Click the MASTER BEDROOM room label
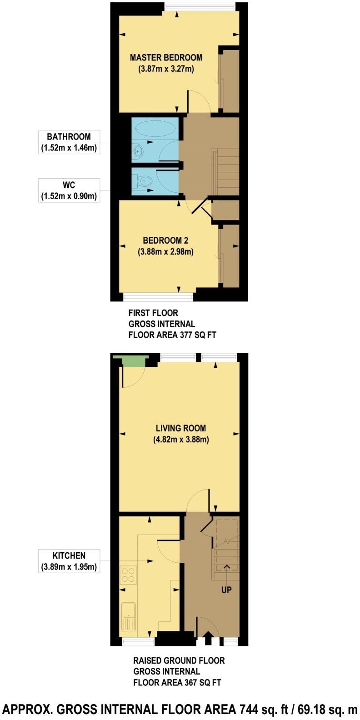(x=166, y=58)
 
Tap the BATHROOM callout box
(x=69, y=142)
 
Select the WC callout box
(x=69, y=190)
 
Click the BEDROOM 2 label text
(x=165, y=240)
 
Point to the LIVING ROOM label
(x=180, y=428)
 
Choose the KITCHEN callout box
(x=69, y=561)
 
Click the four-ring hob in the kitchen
(x=128, y=575)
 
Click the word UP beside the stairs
(x=226, y=590)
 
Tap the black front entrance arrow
(x=208, y=639)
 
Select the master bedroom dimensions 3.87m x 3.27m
(x=166, y=69)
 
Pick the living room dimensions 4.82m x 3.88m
(x=181, y=440)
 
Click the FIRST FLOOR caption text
(x=153, y=313)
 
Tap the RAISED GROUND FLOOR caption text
(x=179, y=660)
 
